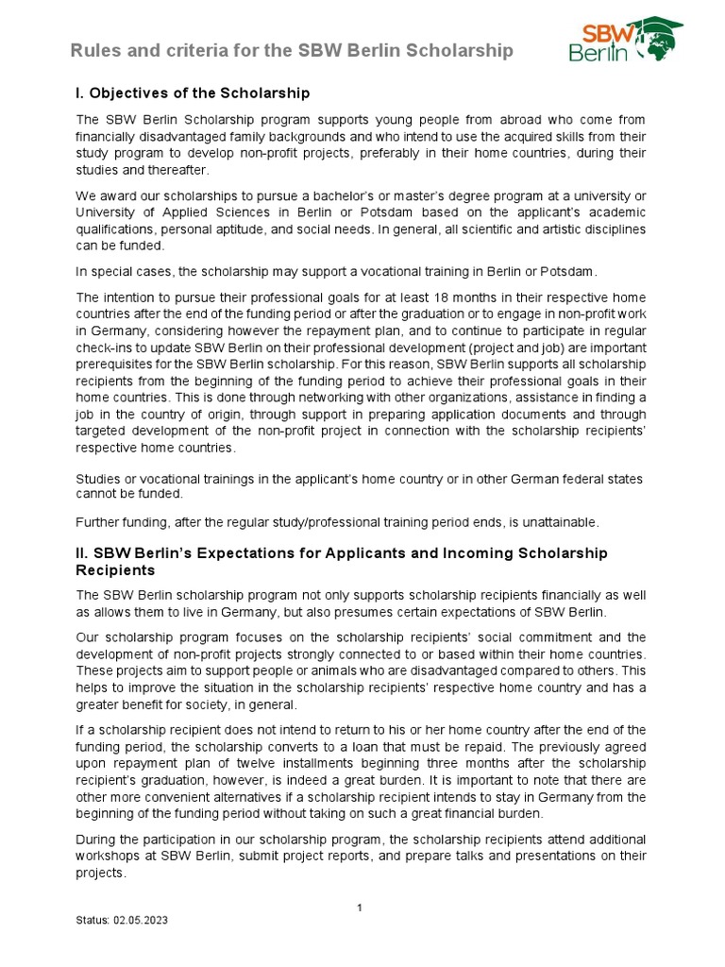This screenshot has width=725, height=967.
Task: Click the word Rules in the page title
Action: pyautogui.click(x=94, y=51)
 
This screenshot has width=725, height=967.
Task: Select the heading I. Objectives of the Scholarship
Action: pyautogui.click(x=193, y=93)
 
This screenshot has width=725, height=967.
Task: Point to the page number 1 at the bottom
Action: pyautogui.click(x=360, y=908)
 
